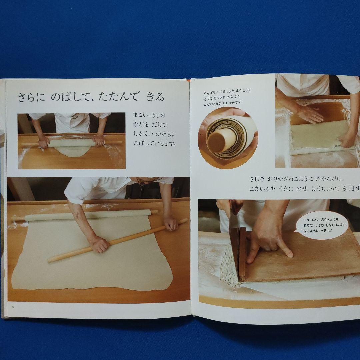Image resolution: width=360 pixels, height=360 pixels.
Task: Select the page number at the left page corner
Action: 13,307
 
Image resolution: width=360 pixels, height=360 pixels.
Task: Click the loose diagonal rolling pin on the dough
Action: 117,240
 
